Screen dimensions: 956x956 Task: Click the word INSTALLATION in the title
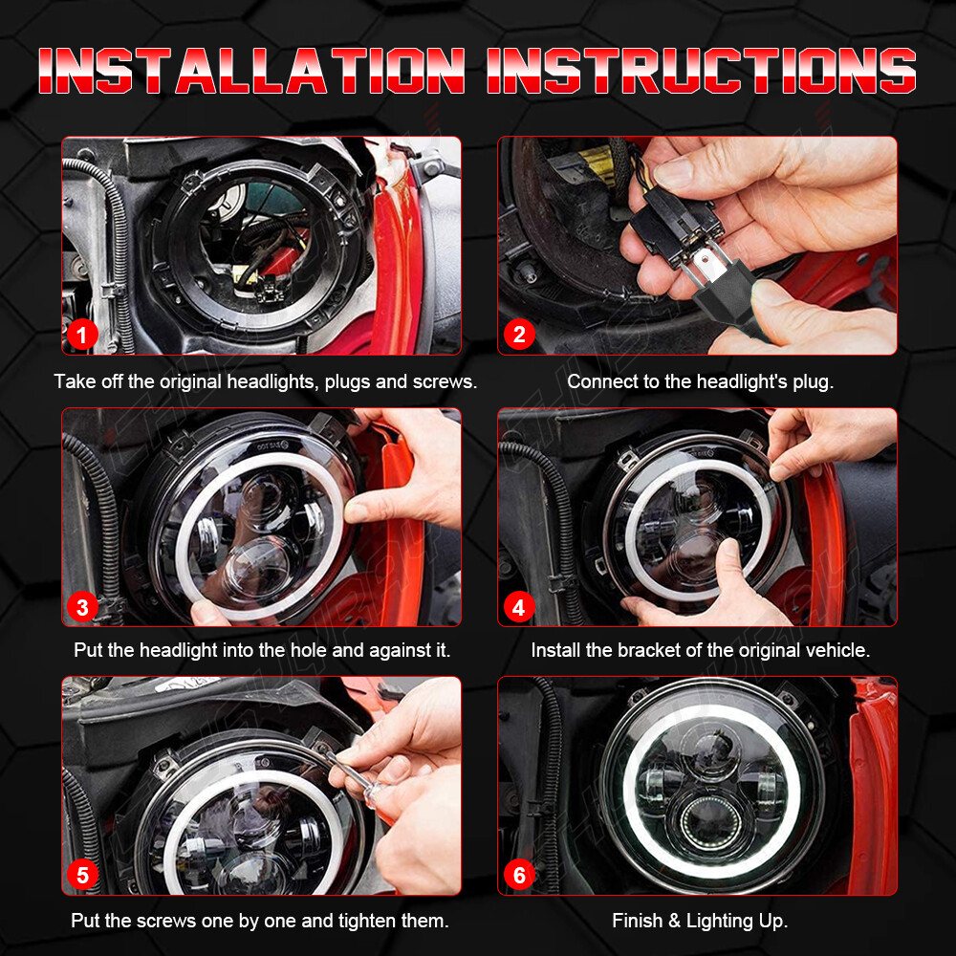(x=251, y=71)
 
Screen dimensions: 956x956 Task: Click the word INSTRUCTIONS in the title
(x=701, y=71)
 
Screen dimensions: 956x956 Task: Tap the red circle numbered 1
(x=82, y=335)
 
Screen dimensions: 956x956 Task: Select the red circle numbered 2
(x=519, y=335)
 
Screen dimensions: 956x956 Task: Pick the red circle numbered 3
(x=82, y=607)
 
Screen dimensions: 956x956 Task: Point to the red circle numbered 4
(x=519, y=607)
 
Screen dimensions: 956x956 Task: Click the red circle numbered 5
(x=82, y=876)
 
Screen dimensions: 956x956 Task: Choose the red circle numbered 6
(x=519, y=876)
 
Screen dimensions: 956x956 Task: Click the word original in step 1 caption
(x=190, y=382)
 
